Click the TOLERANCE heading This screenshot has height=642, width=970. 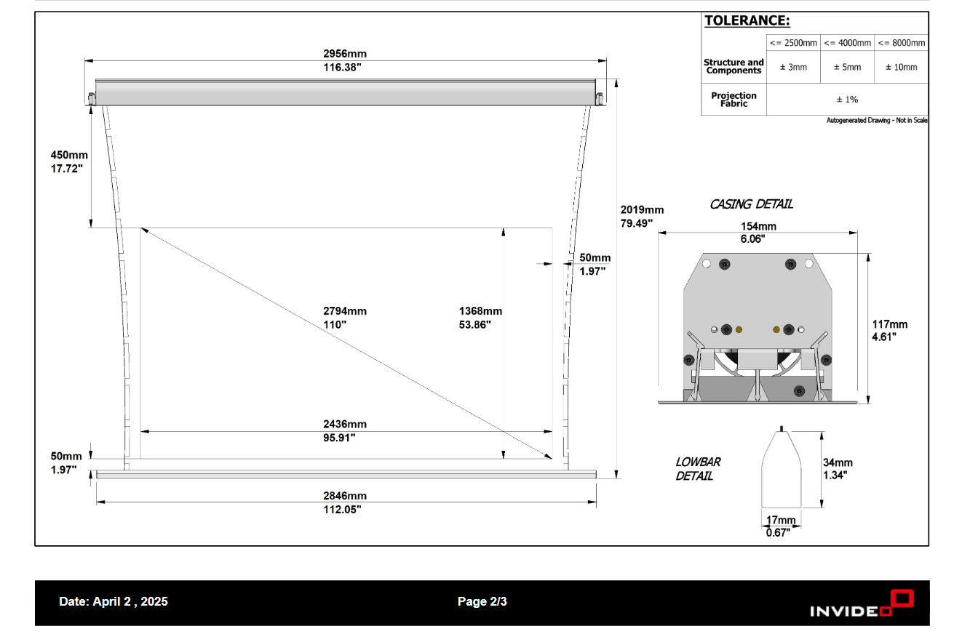pos(747,21)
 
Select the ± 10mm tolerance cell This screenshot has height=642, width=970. pos(901,67)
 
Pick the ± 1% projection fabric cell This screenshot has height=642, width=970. pos(847,99)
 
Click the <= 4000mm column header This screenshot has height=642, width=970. pos(847,43)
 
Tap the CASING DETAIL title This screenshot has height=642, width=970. pos(751,204)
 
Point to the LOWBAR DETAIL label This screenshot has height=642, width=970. pos(697,469)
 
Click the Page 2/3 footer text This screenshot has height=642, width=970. pos(482,601)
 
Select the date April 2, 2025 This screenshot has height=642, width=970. pos(114,601)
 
